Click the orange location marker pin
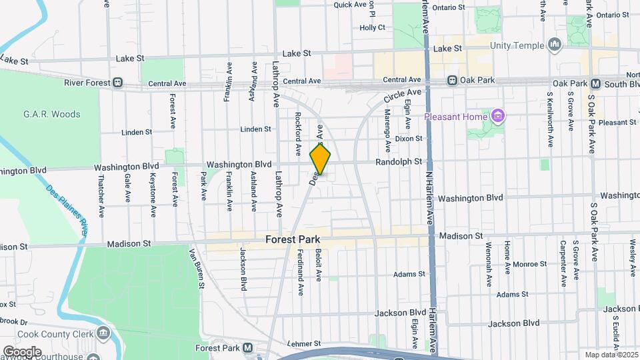[321, 160]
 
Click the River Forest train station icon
[117, 83]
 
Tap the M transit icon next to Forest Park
[247, 348]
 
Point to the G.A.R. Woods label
[51, 114]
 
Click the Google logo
[21, 351]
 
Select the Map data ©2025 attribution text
[611, 355]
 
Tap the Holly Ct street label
[373, 28]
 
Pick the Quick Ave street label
[351, 5]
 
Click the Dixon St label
[409, 139]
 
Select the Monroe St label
[531, 264]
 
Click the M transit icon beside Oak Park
[596, 84]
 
